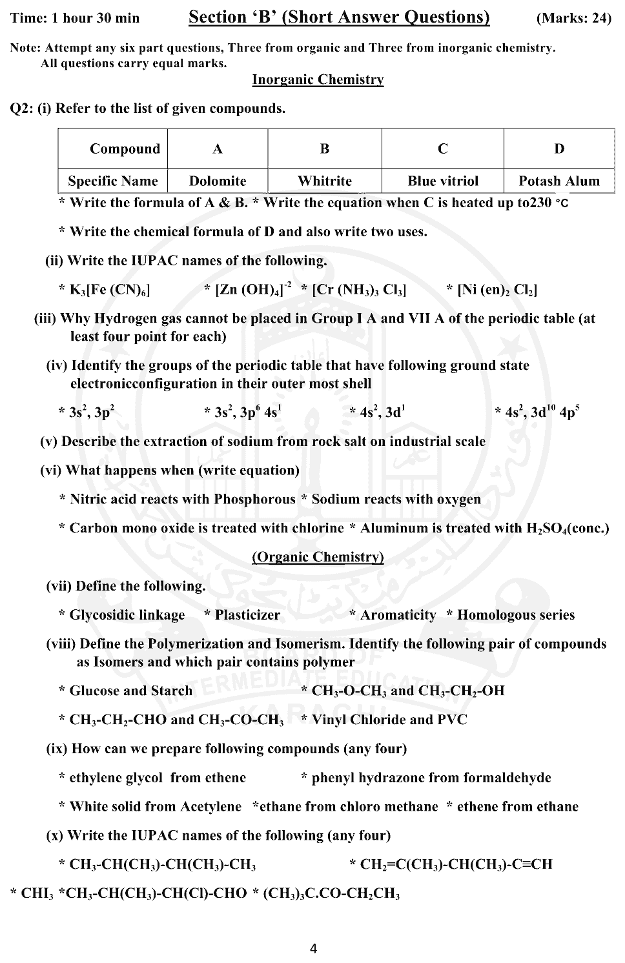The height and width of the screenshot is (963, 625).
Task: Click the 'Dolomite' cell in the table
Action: point(218,181)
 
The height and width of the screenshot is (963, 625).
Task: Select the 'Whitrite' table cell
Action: point(325,181)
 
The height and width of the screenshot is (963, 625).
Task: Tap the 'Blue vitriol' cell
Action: point(443,181)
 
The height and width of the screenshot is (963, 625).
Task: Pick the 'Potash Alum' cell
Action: point(559,181)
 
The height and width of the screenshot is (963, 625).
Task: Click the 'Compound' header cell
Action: point(125,149)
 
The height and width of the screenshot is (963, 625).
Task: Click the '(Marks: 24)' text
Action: point(573,18)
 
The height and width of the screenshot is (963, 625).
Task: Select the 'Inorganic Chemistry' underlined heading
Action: point(318,79)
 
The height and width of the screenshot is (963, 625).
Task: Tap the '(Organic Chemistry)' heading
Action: point(318,557)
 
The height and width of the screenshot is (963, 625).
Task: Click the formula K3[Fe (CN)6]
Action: point(110,290)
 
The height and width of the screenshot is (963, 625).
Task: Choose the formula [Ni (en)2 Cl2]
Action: point(497,290)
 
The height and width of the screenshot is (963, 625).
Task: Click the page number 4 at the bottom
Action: point(313,948)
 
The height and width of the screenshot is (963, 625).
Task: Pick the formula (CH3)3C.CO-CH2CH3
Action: point(331,894)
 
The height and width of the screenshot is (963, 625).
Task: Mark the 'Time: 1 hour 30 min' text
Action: point(76,18)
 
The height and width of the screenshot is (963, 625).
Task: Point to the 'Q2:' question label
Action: point(22,108)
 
